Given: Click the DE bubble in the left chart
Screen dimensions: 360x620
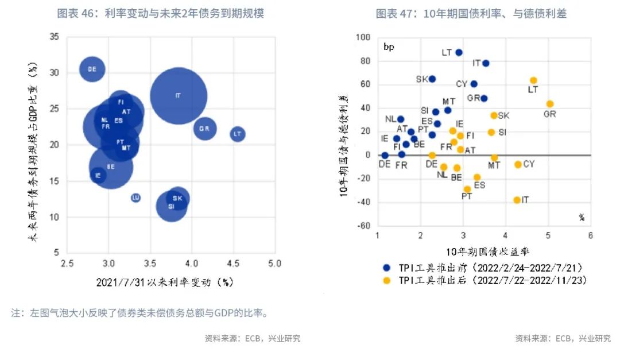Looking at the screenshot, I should (92, 69).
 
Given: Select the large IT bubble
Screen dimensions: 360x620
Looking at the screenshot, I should (179, 95).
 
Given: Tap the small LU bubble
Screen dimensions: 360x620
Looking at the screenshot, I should (135, 198).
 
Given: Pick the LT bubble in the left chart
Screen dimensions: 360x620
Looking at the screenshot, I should (237, 134).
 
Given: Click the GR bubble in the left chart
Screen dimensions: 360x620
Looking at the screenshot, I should (204, 129).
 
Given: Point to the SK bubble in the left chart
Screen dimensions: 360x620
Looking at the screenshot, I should (177, 199).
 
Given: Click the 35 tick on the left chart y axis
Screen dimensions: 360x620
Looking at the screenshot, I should (54, 37).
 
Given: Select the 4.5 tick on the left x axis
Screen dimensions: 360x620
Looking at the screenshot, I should (233, 263).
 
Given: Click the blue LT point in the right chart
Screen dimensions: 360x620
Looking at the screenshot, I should (459, 52).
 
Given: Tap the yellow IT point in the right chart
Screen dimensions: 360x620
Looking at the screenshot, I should (517, 200).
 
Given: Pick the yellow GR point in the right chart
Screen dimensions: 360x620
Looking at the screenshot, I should (549, 104).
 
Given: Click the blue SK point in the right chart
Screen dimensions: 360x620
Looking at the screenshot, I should (432, 79).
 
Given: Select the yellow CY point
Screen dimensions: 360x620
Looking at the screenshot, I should (518, 164).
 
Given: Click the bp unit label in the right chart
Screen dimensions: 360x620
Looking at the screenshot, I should (389, 47).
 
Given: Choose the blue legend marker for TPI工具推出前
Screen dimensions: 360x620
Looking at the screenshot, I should (386, 268).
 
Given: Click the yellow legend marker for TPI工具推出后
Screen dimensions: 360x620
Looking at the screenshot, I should (386, 280).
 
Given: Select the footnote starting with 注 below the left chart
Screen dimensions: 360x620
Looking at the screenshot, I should (140, 313).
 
